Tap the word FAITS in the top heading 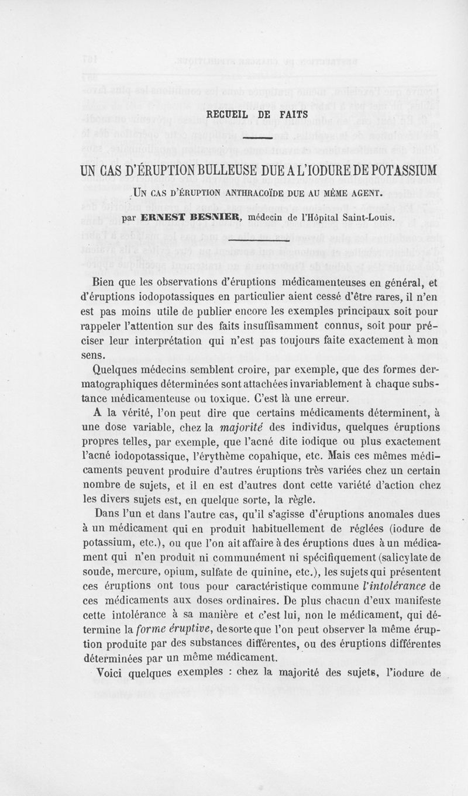[288, 115]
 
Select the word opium [202, 569]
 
